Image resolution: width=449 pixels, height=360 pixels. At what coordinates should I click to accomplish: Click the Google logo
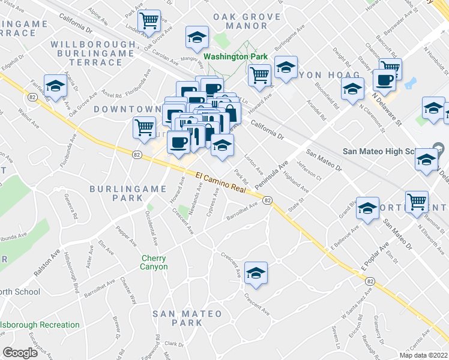point(20,352)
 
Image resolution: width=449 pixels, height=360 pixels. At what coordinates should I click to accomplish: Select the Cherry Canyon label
point(154,262)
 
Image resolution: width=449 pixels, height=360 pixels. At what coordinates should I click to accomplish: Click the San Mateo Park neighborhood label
point(177,318)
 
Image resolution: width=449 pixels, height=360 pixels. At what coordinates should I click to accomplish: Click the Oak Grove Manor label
point(243,21)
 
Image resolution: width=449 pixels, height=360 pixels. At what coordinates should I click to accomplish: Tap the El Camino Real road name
point(221,182)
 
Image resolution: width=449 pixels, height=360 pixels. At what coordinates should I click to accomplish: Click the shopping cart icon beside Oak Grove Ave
point(148,20)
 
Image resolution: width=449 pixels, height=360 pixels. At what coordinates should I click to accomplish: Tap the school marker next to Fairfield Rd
point(55,86)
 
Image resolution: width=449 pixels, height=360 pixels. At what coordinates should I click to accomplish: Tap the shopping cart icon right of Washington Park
point(259,76)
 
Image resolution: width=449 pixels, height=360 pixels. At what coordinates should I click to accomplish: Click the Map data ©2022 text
point(423,355)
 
